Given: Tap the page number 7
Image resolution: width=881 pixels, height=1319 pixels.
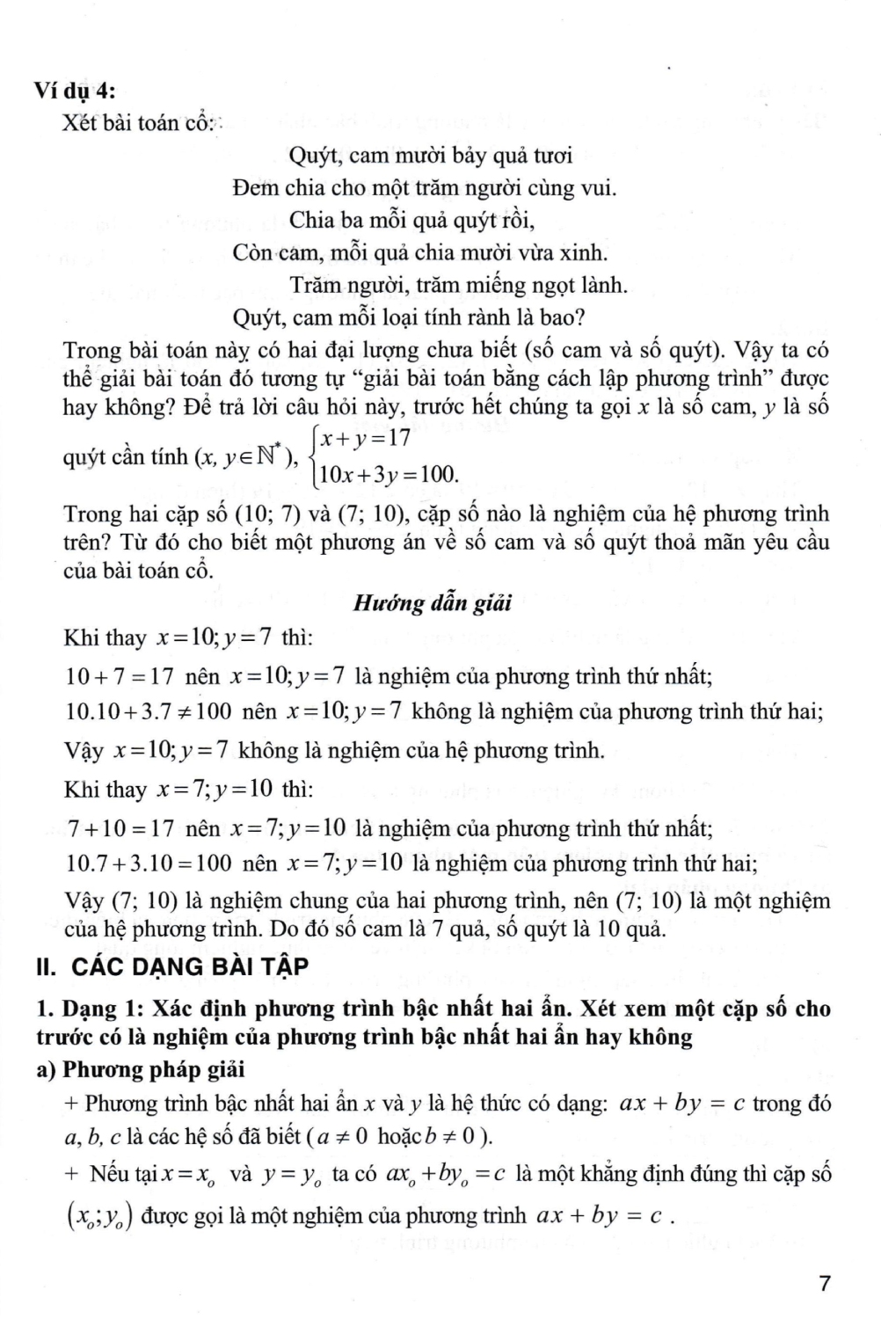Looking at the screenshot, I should pyautogui.click(x=824, y=1284).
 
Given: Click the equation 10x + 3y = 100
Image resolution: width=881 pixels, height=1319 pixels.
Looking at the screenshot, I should pyautogui.click(x=389, y=476).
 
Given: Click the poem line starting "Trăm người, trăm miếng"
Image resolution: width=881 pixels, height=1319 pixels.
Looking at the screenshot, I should pyautogui.click(x=458, y=284).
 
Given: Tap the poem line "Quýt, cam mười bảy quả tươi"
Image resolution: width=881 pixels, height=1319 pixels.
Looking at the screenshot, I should pyautogui.click(x=430, y=156).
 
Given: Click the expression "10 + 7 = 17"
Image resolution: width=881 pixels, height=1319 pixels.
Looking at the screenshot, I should pyautogui.click(x=120, y=676).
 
